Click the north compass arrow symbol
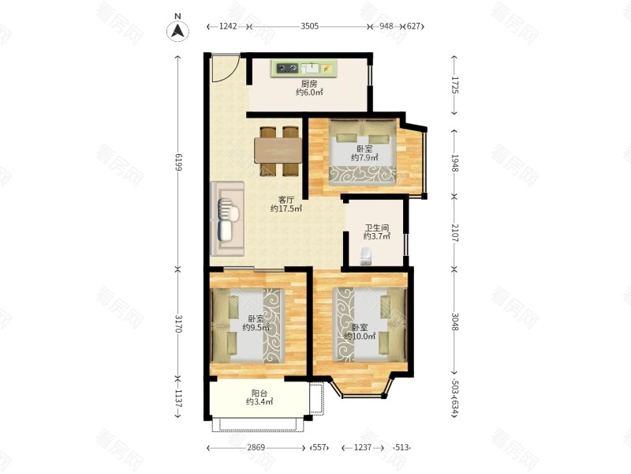178,31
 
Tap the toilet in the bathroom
365,256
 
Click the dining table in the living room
278,150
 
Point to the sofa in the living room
227,219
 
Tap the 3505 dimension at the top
309,26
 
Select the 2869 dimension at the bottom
256,447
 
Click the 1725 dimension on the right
455,85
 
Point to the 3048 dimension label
455,322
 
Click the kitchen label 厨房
309,84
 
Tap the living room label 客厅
286,200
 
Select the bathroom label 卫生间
377,228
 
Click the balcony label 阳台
259,393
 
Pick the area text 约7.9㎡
364,157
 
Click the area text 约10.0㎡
360,337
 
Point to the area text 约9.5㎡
256,327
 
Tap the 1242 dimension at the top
228,26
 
